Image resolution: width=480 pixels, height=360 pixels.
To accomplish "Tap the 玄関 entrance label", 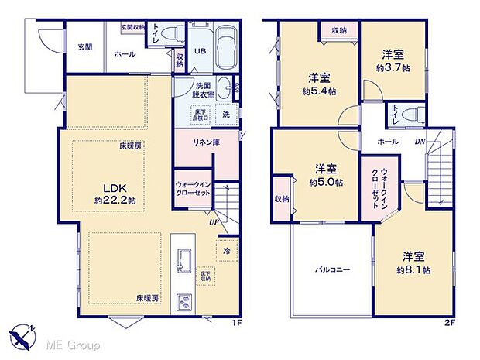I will click(x=84, y=47).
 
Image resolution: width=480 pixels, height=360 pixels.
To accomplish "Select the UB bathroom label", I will click(x=199, y=52).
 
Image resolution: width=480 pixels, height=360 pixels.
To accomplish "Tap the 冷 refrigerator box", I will click(x=226, y=251).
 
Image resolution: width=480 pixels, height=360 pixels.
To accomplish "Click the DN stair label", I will click(x=420, y=142).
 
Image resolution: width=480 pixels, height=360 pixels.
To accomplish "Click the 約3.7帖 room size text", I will click(x=393, y=69).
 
